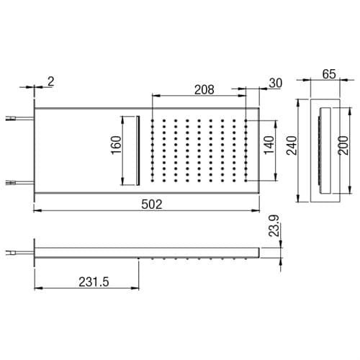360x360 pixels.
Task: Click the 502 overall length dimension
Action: [x=152, y=204]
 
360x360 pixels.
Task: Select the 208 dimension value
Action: [x=204, y=90]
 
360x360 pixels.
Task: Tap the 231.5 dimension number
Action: [x=94, y=282]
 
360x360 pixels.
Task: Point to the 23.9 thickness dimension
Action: [x=274, y=226]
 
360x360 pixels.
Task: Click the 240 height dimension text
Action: [x=292, y=145]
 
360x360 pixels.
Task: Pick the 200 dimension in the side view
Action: [x=343, y=145]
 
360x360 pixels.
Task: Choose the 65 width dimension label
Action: [x=329, y=74]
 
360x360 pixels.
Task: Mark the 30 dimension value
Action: [x=276, y=84]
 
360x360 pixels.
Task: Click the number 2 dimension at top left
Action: [x=51, y=81]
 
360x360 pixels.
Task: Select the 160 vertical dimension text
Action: [x=117, y=145]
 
